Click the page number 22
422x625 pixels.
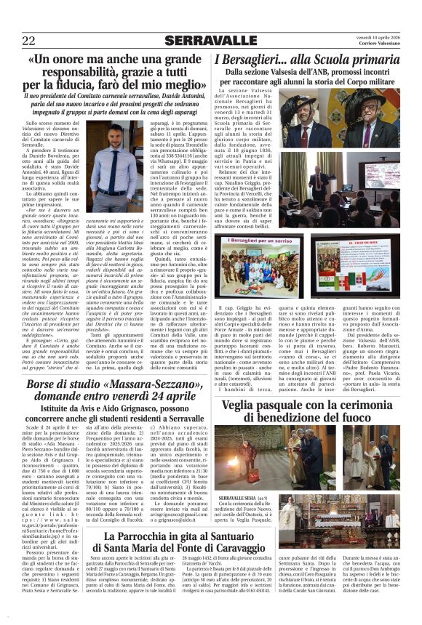(29, 41)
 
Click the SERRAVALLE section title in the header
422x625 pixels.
(211, 41)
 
